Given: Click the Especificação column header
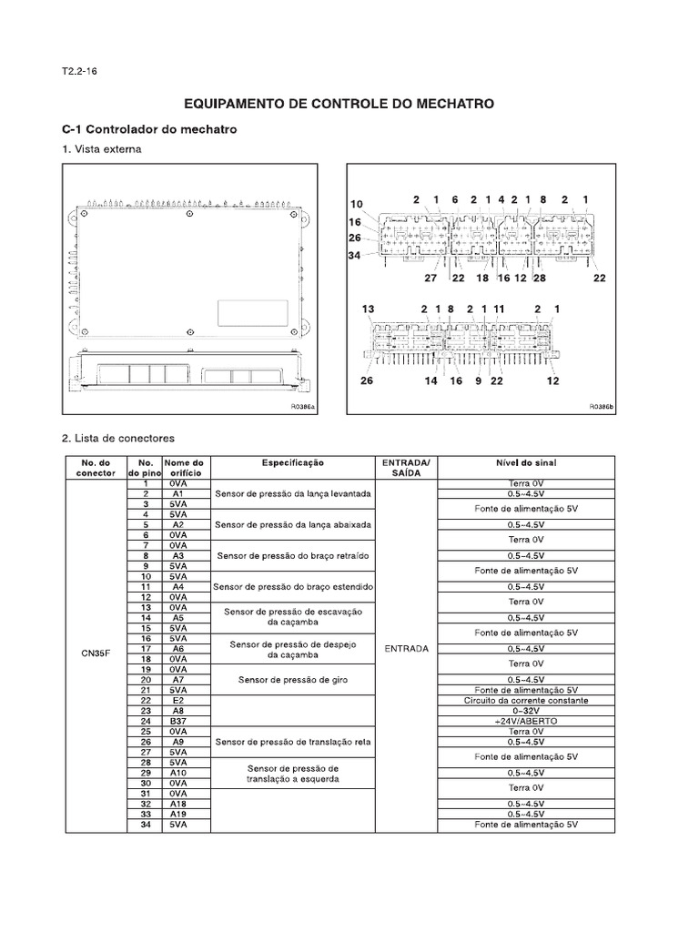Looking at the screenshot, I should (293, 463).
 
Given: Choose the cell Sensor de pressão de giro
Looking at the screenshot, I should (293, 680).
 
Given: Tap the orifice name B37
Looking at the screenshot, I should (178, 721).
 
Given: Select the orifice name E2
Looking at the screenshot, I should (178, 701).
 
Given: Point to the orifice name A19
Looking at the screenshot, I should (178, 815).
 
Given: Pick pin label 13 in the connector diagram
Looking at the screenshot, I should (368, 309).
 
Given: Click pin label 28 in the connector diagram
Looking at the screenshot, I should (539, 278).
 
